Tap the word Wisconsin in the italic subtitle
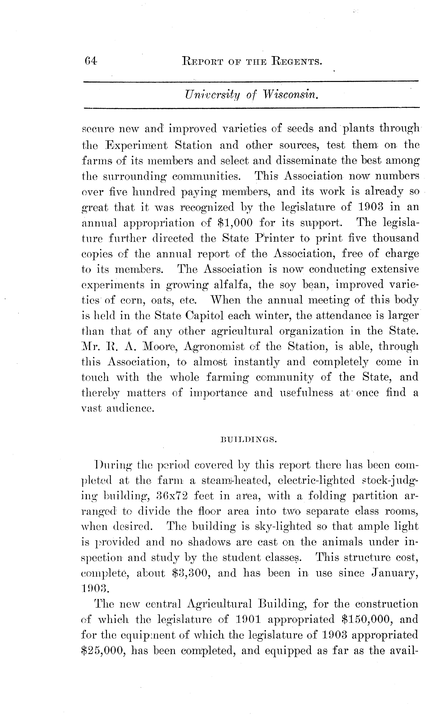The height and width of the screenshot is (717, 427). point(291,95)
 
